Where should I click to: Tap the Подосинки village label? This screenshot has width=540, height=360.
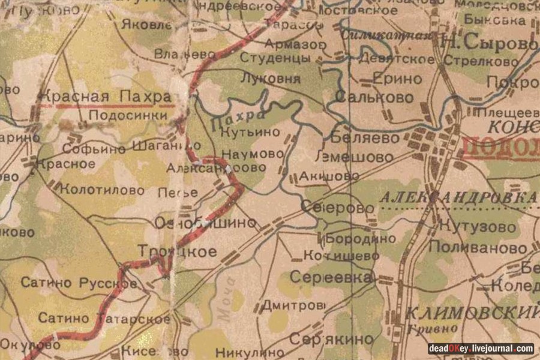point(128,115)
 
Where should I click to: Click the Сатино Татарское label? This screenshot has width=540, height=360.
point(103,318)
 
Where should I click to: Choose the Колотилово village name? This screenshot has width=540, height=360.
point(103,190)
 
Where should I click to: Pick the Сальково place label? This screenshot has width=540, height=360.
point(365,96)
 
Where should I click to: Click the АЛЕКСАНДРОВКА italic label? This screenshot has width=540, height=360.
point(458,197)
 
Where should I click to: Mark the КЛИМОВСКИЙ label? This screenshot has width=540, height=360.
point(470,312)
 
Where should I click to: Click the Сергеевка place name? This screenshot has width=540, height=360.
point(331,277)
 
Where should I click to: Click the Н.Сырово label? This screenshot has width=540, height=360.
point(488,43)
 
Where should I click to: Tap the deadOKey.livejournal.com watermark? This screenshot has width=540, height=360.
point(481,348)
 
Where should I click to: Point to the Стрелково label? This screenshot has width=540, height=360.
point(490,62)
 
